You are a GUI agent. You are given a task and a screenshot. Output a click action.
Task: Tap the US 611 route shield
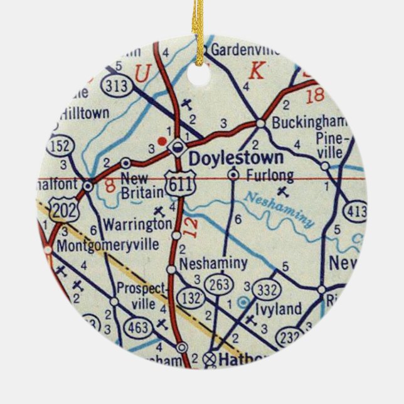(178, 182)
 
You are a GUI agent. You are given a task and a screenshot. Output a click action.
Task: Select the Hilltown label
(85, 114)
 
